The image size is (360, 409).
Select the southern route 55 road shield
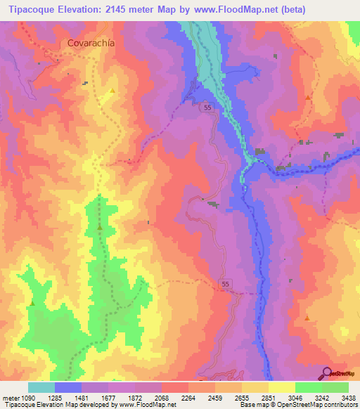tap(224, 283)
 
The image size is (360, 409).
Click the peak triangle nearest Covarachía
tap(112, 91)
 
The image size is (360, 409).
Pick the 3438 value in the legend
tap(347, 397)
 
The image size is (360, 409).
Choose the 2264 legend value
tap(188, 397)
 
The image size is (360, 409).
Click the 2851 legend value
tap(268, 397)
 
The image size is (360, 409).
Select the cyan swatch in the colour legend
tap(41, 387)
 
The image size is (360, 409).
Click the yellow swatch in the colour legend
tap(281, 387)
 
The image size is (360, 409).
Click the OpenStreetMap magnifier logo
tap(326, 373)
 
